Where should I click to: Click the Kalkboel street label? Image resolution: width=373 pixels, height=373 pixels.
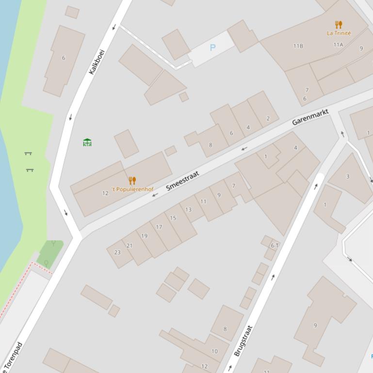pyautogui.click(x=97, y=62)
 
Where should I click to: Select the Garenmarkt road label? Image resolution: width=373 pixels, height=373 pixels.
pyautogui.click(x=310, y=117)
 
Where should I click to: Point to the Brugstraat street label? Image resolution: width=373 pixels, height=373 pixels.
pyautogui.click(x=243, y=341)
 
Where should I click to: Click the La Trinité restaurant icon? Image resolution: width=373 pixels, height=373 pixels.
pyautogui.click(x=339, y=25)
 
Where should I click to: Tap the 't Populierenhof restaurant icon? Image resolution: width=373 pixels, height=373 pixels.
pyautogui.click(x=132, y=181)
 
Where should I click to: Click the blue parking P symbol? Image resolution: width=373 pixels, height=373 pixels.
pyautogui.click(x=212, y=47)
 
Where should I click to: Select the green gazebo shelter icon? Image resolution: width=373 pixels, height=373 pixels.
pyautogui.click(x=87, y=142)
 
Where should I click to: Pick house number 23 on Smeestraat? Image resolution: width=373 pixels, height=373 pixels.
pyautogui.click(x=117, y=252)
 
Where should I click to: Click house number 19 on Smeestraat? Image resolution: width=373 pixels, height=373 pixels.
pyautogui.click(x=144, y=236)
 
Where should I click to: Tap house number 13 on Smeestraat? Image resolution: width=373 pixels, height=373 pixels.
pyautogui.click(x=188, y=209)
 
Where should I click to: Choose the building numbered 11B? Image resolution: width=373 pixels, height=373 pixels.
pyautogui.click(x=298, y=46)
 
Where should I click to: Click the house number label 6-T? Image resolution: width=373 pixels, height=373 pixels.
pyautogui.click(x=275, y=246)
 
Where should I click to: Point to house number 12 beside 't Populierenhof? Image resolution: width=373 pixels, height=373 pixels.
pyautogui.click(x=105, y=193)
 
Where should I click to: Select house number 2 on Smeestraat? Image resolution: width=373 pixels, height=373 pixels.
pyautogui.click(x=268, y=118)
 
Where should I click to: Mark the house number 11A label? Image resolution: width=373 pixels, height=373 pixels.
pyautogui.click(x=338, y=45)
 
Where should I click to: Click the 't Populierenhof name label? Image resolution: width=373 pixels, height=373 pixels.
pyautogui.click(x=132, y=189)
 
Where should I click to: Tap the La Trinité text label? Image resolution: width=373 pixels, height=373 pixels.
pyautogui.click(x=339, y=33)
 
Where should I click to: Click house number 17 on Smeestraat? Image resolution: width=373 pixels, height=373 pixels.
pyautogui.click(x=159, y=227)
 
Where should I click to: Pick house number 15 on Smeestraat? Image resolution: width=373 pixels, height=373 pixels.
pyautogui.click(x=173, y=218)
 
